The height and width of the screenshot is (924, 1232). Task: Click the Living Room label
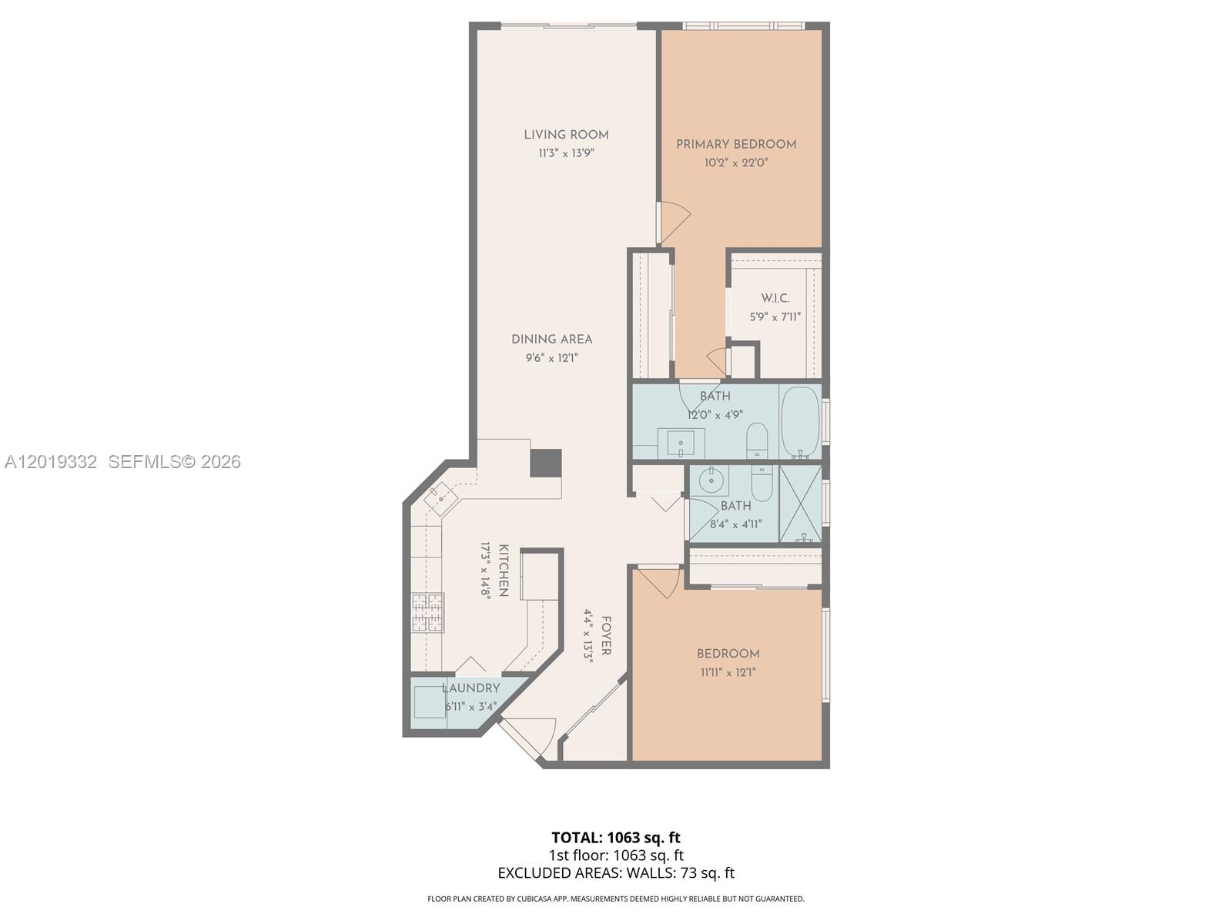(x=566, y=135)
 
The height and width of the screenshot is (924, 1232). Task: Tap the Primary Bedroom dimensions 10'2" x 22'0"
(x=736, y=162)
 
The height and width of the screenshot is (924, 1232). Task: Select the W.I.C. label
(x=775, y=298)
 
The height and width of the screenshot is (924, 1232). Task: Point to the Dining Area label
(x=552, y=339)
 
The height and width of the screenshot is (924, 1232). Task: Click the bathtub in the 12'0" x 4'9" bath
(x=800, y=421)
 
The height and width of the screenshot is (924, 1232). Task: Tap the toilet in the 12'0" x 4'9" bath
(x=757, y=441)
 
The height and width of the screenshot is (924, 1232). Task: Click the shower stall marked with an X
(x=800, y=504)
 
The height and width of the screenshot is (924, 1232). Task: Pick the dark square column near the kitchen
(x=546, y=464)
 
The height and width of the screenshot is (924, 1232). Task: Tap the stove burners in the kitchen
(x=427, y=613)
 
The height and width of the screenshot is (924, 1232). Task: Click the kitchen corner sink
(x=441, y=497)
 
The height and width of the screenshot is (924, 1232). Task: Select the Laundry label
(x=470, y=688)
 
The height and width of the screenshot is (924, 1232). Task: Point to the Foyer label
(x=606, y=636)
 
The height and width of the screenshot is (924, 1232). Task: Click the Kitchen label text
(x=504, y=570)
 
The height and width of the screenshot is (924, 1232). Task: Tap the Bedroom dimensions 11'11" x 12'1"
(x=728, y=672)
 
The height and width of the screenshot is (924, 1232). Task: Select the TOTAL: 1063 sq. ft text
(x=616, y=838)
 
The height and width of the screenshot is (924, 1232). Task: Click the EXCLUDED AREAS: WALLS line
(x=616, y=873)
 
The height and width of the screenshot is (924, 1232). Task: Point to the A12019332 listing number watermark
(x=51, y=462)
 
